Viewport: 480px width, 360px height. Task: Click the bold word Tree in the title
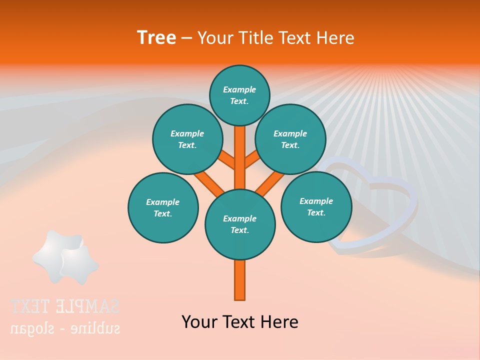coord(156,37)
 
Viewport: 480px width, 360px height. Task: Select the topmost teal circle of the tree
coord(239,95)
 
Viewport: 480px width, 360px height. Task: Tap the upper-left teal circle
coord(187,139)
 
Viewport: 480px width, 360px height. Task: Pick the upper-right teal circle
coord(290,139)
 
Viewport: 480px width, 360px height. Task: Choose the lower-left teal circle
coord(163,207)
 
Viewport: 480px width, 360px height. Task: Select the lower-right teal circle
coord(316,206)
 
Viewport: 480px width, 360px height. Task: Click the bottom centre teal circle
coord(240,224)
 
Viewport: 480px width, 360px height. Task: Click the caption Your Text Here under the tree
coord(240,321)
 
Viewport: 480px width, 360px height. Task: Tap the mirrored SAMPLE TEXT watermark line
coord(65,306)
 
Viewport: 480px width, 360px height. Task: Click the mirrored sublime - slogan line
coord(65,328)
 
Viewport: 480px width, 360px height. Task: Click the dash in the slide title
coord(186,38)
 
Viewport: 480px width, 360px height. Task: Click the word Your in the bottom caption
coord(199,321)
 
